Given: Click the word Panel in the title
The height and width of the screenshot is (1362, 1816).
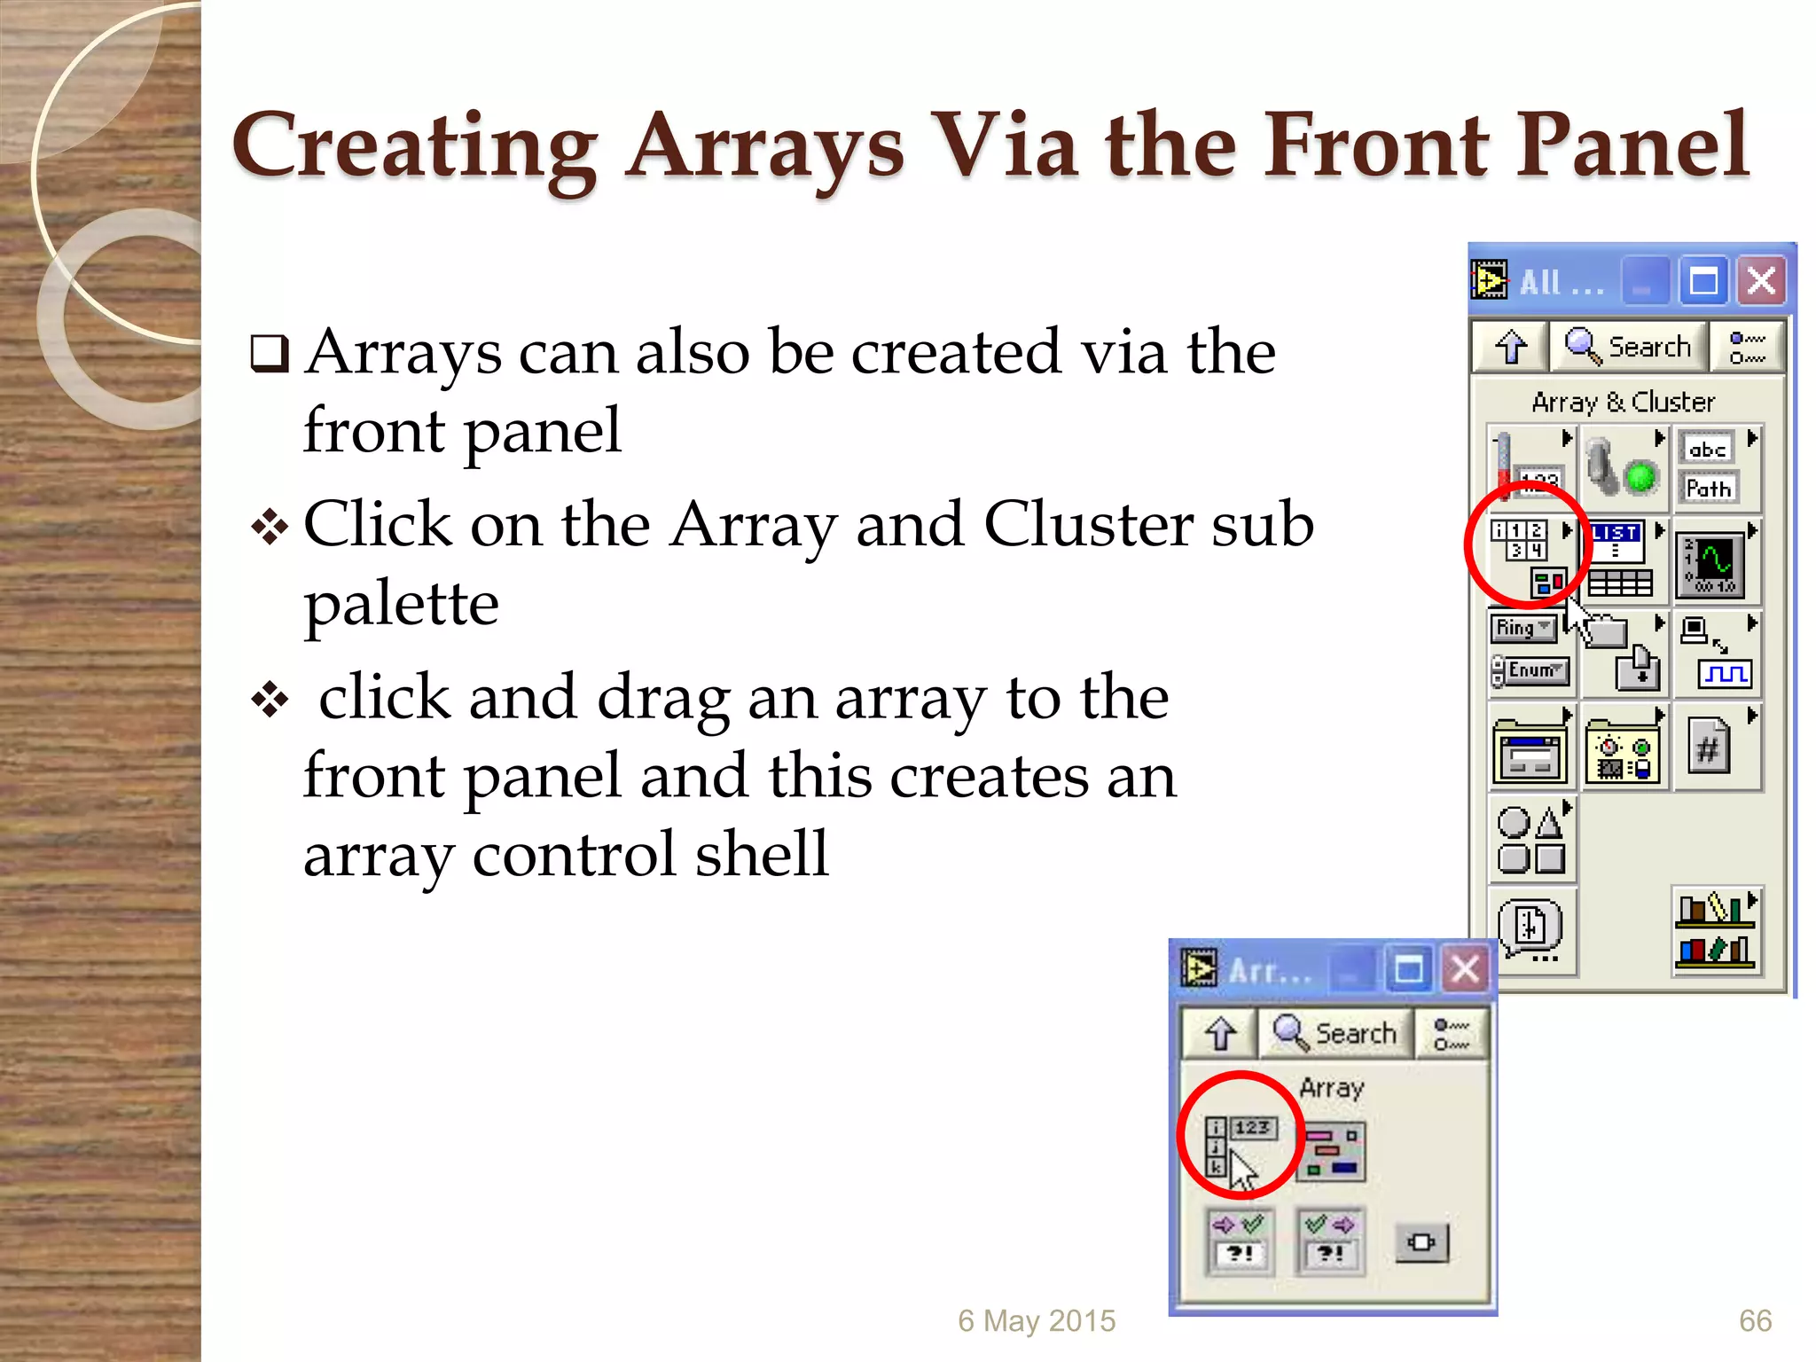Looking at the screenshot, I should coord(1632,145).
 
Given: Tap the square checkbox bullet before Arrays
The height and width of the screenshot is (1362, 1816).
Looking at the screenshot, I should coord(270,355).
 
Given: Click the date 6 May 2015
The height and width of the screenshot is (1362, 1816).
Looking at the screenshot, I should coord(1036,1321).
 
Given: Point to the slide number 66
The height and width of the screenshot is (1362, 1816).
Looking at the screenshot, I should coord(1755,1321).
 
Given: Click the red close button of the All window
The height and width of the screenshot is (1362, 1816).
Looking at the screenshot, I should coord(1761,282).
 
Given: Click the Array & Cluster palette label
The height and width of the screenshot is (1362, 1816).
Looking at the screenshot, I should coord(1623,403).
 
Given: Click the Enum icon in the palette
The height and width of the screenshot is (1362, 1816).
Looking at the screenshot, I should coord(1531,670).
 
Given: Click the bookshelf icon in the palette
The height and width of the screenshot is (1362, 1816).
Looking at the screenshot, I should coord(1715,931).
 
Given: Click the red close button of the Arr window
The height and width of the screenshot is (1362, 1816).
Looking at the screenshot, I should coord(1465,968).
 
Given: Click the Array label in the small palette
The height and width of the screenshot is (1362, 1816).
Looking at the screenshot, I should coord(1331,1088).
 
